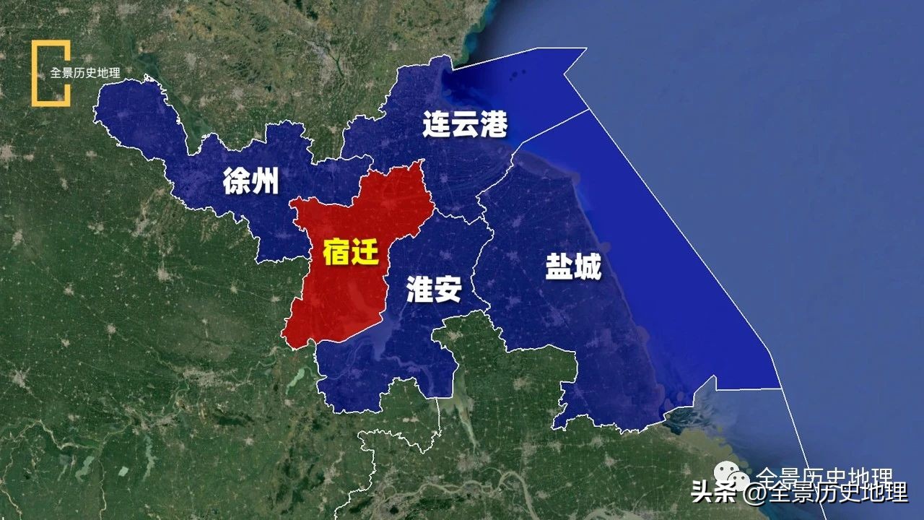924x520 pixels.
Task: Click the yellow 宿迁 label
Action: click(x=350, y=252)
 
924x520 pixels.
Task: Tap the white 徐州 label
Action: click(x=250, y=181)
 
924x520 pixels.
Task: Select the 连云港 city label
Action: click(x=465, y=124)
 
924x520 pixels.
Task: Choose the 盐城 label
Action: click(x=573, y=269)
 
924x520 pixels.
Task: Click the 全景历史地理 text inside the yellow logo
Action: click(x=84, y=73)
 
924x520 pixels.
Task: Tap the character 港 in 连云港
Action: click(x=494, y=124)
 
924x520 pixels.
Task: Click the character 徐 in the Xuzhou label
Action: click(x=235, y=181)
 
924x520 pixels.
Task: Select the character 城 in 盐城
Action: click(x=588, y=269)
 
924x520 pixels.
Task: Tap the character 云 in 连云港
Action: click(x=465, y=124)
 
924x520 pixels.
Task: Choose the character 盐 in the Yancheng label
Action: click(x=559, y=269)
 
